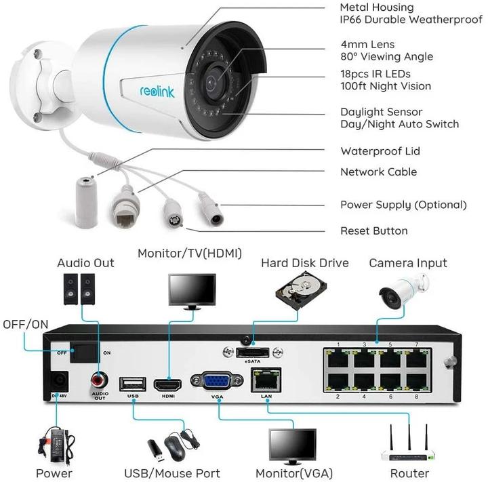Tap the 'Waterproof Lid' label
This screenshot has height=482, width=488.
tap(380, 151)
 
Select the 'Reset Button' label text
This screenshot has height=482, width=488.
tap(373, 230)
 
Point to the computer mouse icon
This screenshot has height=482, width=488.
tap(175, 447)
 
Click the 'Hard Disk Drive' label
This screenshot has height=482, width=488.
tap(304, 263)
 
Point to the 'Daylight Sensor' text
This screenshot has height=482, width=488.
tap(381, 112)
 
